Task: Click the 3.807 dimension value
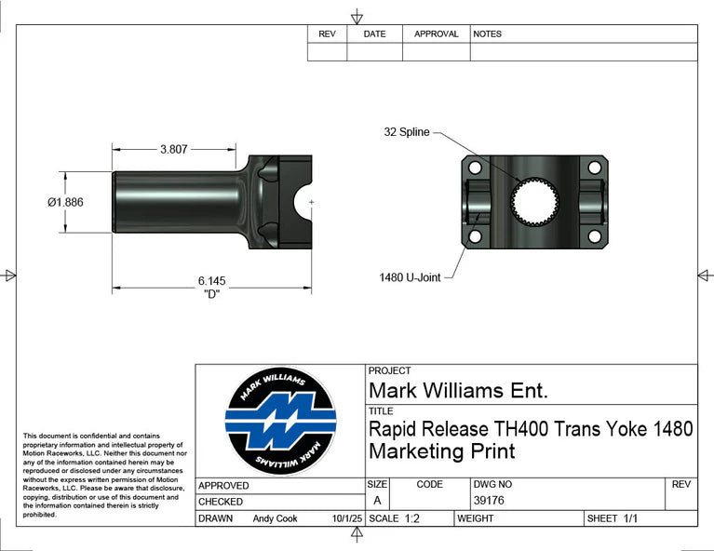coord(175,148)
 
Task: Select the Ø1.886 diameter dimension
coord(65,202)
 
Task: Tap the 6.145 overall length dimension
coord(211,280)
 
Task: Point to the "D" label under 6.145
coord(211,293)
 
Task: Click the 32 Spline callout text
coord(407,132)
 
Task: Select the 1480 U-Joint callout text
coord(410,277)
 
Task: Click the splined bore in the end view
coord(534,200)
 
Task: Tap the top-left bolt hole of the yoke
coord(475,168)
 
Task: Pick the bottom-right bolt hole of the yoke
coord(594,236)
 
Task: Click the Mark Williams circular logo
coord(280,422)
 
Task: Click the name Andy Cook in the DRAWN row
coord(275,518)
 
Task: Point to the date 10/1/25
coord(346,518)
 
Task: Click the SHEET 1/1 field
coord(612,518)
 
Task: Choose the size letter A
coord(376,501)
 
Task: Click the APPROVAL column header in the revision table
coord(436,34)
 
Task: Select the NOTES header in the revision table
coord(487,34)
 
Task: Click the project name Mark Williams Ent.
coord(458,390)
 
